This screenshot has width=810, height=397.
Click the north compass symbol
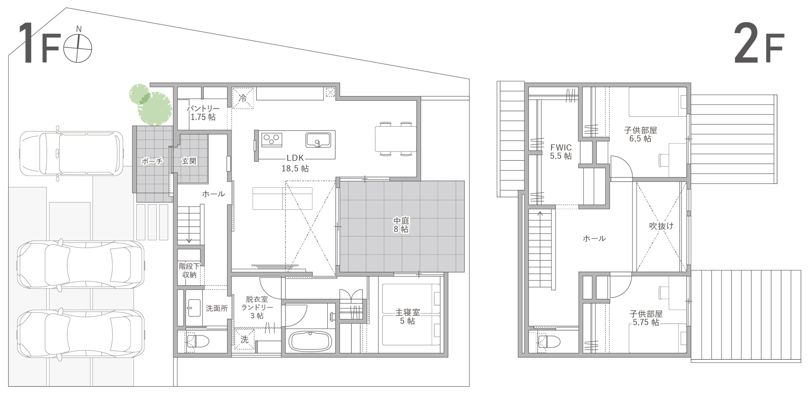coord(78,47)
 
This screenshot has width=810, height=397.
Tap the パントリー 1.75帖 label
coord(203,113)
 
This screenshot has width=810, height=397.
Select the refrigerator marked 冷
coord(243,98)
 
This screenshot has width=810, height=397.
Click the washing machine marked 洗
coord(244,339)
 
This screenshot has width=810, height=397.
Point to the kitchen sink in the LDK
coord(318,140)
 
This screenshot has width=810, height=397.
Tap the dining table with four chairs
coord(396,139)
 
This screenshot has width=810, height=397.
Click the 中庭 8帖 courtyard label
coord(401,225)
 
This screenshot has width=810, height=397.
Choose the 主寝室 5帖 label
coord(408,316)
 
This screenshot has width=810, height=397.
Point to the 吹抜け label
coord(661,226)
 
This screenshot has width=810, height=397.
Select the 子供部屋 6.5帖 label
coord(640,134)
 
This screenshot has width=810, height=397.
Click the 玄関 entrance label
coord(189,161)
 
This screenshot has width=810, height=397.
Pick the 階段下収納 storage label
coord(189,270)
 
